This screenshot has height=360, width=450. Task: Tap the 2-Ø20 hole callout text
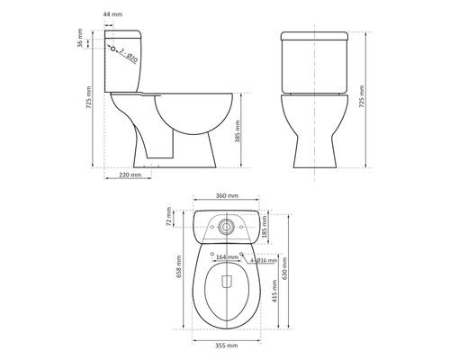129,56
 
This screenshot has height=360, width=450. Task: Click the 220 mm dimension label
130,175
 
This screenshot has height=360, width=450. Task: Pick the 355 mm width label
227,345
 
